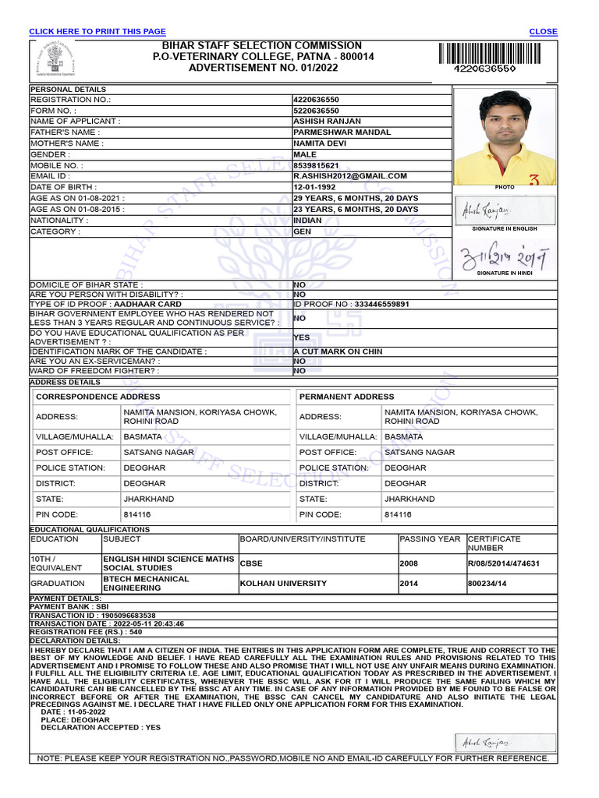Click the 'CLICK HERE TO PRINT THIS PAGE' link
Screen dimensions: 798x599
(x=97, y=31)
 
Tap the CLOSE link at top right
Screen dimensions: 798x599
(x=543, y=31)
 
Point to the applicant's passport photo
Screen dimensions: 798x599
(x=505, y=137)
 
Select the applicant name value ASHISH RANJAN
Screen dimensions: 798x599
(x=327, y=122)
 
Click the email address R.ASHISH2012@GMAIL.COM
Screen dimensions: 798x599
(x=350, y=176)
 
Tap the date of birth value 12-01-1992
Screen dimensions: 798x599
(x=316, y=188)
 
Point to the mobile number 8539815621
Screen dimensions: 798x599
(x=316, y=166)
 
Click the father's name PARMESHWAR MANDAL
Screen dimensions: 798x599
(x=342, y=132)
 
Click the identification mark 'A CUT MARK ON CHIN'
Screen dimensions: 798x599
(x=338, y=351)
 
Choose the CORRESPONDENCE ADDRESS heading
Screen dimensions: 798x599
(x=98, y=397)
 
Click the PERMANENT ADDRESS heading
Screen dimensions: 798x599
(x=346, y=397)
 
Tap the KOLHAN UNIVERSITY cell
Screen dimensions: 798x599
(x=283, y=584)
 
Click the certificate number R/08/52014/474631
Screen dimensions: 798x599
(x=503, y=563)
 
